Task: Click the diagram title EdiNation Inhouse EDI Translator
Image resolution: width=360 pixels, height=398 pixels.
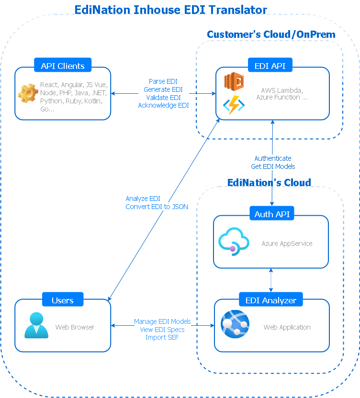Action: click(x=171, y=9)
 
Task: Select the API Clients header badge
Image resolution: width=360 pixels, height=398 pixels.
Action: click(x=63, y=66)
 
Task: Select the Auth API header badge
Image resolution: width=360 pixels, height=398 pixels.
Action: click(x=272, y=214)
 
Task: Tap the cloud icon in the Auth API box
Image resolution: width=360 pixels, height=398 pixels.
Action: click(x=233, y=242)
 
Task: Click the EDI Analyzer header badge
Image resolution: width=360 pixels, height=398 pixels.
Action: click(x=271, y=300)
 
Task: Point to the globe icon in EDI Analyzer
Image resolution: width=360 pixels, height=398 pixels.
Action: click(x=235, y=325)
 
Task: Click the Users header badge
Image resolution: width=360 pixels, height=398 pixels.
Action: click(x=63, y=300)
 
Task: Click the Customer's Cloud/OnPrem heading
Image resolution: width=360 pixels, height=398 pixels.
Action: click(x=271, y=34)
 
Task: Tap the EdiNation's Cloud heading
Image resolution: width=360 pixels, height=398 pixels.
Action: click(x=269, y=182)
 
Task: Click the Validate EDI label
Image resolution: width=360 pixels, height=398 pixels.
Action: click(x=163, y=98)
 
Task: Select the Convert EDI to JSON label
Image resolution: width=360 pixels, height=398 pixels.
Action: click(x=157, y=207)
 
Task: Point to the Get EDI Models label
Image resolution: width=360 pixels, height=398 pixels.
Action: click(x=273, y=166)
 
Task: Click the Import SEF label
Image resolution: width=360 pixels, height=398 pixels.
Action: click(x=162, y=337)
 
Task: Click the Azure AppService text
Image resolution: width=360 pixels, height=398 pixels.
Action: click(x=287, y=243)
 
